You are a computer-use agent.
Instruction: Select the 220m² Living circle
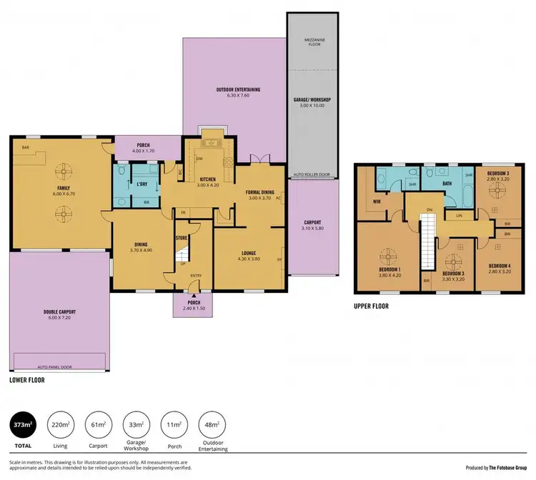pos(61,428)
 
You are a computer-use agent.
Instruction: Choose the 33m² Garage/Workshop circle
pos(137,428)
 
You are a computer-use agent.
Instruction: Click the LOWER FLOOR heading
pos(27,380)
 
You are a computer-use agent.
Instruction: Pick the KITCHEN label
pos(208,179)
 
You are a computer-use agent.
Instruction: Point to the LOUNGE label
pos(244,252)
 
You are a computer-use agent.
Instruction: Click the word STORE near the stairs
pos(182,238)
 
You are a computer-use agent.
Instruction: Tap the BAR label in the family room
pos(26,148)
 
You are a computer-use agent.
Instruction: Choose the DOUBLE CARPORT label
pos(60,314)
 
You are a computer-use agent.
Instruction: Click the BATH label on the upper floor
pos(448,183)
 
